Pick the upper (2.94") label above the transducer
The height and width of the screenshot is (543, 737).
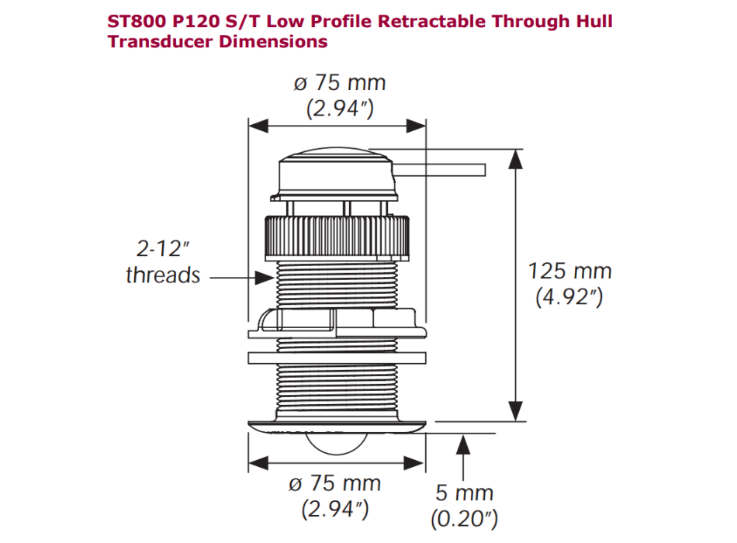(340, 109)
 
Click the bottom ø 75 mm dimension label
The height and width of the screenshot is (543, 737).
(335, 484)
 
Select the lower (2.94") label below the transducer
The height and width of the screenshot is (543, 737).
(335, 510)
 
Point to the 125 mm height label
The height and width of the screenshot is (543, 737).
(569, 271)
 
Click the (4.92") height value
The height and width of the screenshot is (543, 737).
(569, 297)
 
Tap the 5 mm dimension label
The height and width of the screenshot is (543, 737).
(464, 493)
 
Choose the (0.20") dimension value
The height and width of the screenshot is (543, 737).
(464, 518)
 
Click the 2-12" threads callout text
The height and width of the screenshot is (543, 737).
(162, 262)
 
